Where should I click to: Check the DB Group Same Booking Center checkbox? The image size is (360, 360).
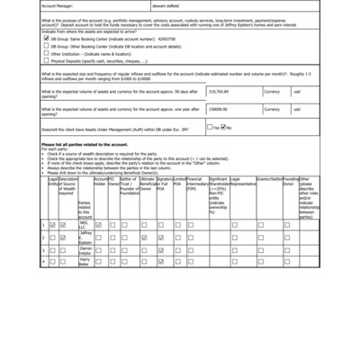click(x=46, y=39)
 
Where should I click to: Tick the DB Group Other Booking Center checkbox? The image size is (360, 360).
click(x=46, y=45)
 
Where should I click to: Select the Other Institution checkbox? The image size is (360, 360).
click(x=46, y=52)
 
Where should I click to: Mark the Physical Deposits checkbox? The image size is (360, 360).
click(x=46, y=59)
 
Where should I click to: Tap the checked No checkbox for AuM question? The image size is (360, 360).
click(x=223, y=127)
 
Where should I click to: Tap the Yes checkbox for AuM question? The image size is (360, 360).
click(x=209, y=127)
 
